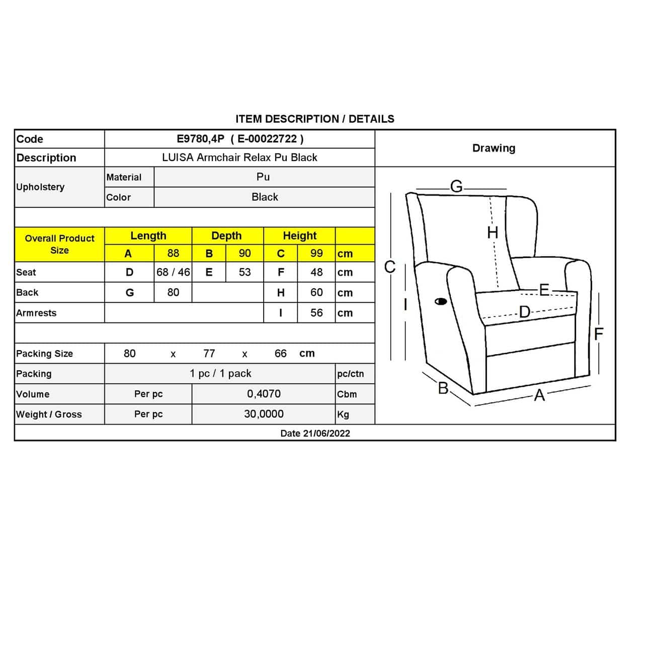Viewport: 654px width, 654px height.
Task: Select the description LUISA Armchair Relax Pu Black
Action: tap(239, 157)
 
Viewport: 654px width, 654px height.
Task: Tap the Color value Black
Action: tap(265, 197)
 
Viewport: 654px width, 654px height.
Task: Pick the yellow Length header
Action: tap(148, 235)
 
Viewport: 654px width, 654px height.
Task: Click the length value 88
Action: tap(173, 254)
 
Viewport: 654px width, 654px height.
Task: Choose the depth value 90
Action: tap(244, 254)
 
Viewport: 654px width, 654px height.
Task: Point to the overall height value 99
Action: tap(316, 254)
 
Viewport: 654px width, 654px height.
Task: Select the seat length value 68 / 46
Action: tap(173, 272)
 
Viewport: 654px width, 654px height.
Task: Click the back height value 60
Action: tap(316, 292)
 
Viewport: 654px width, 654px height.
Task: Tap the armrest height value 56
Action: tap(316, 313)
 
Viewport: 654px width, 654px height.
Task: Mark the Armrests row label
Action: tap(36, 313)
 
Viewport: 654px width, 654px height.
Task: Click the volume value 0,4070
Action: tap(264, 394)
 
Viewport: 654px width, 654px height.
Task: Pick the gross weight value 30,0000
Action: tap(264, 414)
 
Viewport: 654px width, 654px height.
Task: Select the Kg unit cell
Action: tap(343, 415)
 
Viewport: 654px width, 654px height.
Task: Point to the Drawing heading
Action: tap(494, 148)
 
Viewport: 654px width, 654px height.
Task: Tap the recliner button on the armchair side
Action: tap(441, 302)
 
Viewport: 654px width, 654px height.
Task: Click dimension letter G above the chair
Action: tap(456, 187)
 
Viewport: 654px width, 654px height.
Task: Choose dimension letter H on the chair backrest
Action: tap(493, 232)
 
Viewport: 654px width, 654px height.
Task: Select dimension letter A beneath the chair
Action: tap(539, 395)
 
